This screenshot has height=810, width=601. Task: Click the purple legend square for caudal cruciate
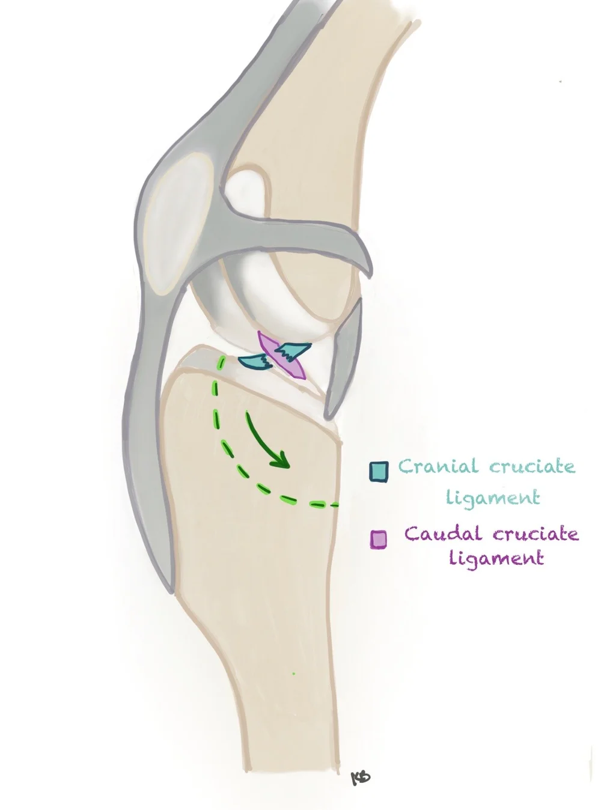click(x=378, y=539)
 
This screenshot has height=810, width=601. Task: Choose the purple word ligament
click(x=496, y=558)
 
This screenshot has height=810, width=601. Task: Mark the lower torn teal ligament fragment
click(x=254, y=361)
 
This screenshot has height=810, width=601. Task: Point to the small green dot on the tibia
click(x=293, y=674)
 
